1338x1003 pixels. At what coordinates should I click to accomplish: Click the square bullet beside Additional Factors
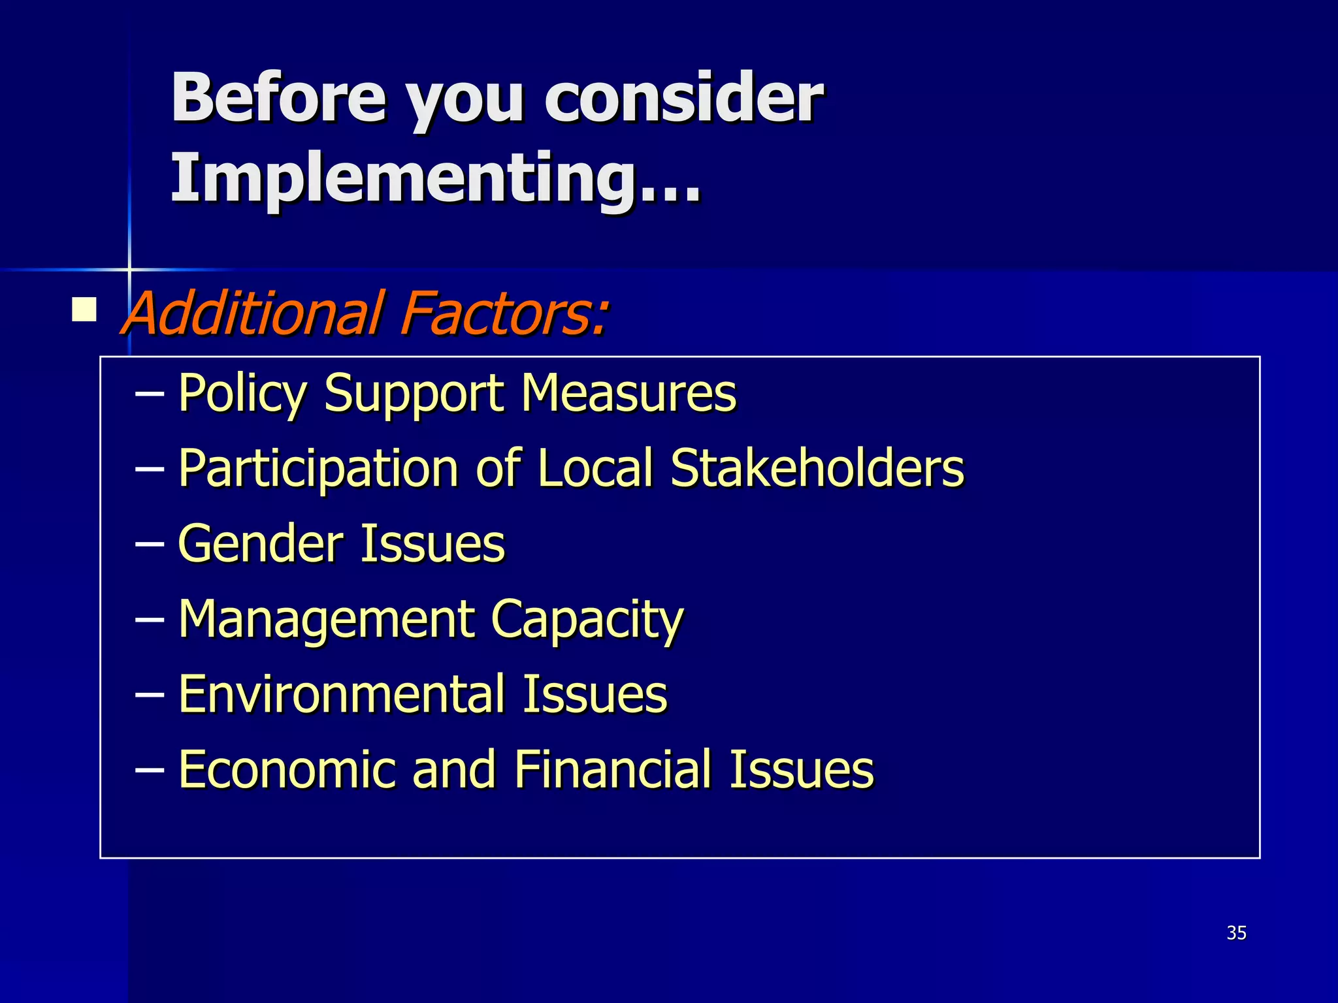pyautogui.click(x=84, y=310)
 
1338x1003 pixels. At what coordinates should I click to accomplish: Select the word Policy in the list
pyautogui.click(x=242, y=394)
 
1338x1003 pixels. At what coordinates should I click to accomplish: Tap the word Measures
pyautogui.click(x=628, y=393)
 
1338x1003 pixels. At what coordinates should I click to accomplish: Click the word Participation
pyautogui.click(x=318, y=469)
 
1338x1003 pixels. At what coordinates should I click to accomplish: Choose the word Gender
pyautogui.click(x=260, y=543)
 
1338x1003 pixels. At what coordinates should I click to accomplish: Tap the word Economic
pyautogui.click(x=287, y=769)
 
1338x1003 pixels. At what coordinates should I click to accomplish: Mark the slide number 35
pyautogui.click(x=1236, y=933)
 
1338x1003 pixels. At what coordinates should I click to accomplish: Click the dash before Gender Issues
pyautogui.click(x=149, y=544)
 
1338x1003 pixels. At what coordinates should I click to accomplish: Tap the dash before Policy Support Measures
pyautogui.click(x=149, y=394)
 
